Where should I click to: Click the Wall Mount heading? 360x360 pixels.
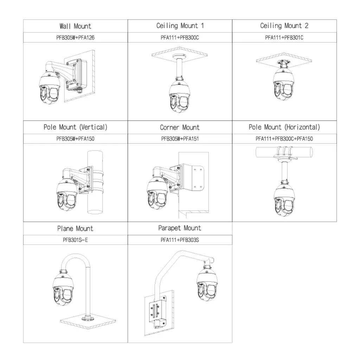click(75, 26)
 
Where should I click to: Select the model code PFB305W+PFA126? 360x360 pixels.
click(75, 38)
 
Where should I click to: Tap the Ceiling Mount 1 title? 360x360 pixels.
click(180, 26)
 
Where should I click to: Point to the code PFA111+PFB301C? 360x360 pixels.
click(284, 38)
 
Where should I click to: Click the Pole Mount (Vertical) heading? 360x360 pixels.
click(75, 127)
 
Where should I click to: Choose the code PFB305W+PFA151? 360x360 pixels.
click(180, 139)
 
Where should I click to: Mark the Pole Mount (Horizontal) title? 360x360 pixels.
click(284, 127)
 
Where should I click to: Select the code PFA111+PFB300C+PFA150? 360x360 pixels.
click(284, 139)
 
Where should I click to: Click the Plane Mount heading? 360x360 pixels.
click(75, 229)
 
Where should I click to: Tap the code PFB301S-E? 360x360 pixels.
click(75, 240)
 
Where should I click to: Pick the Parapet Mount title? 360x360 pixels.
click(180, 228)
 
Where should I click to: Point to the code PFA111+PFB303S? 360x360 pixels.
click(180, 240)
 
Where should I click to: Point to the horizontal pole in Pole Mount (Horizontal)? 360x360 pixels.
click(284, 152)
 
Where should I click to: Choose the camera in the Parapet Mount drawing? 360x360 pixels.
click(207, 282)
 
